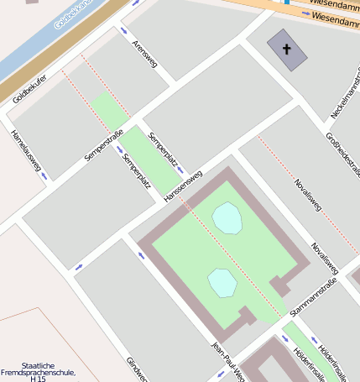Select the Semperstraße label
pos(104,145)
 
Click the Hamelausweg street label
pos(25,151)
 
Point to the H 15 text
pos(38,379)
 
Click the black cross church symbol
pos(286,50)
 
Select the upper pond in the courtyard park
pos(227,218)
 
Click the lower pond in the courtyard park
pos(222,282)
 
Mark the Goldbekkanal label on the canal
pos(70,15)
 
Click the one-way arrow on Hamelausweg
pos(44,176)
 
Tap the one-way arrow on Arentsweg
pos(124,31)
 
